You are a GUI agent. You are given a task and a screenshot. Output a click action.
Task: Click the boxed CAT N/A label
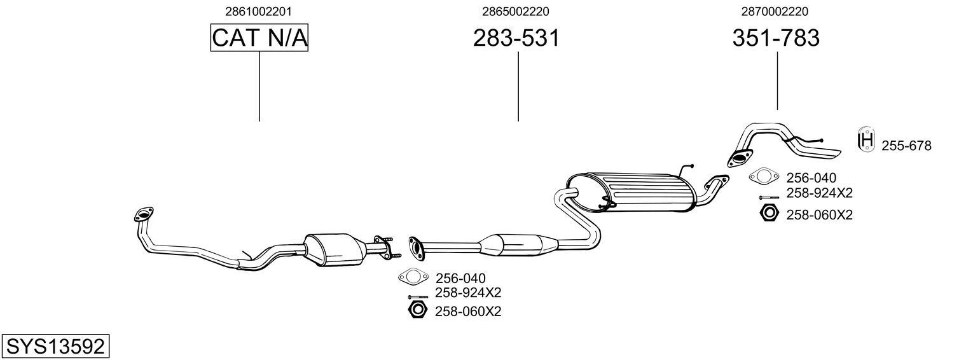pyautogui.click(x=259, y=38)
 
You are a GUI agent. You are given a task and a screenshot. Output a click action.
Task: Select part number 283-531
pyautogui.click(x=516, y=38)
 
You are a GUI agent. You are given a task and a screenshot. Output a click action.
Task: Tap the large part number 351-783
pyautogui.click(x=776, y=38)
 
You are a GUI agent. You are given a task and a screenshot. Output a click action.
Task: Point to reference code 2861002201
pyautogui.click(x=259, y=11)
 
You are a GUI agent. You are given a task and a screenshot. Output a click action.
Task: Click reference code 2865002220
pyautogui.click(x=516, y=11)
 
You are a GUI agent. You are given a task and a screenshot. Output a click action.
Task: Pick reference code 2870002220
pyautogui.click(x=775, y=11)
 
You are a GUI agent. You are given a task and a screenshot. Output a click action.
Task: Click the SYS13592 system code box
pyautogui.click(x=55, y=347)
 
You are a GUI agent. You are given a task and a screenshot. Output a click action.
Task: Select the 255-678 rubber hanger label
pyautogui.click(x=906, y=146)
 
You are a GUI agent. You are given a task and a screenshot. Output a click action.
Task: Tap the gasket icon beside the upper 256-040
pyautogui.click(x=764, y=176)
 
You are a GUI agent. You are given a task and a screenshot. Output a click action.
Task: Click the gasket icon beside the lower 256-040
pyautogui.click(x=412, y=277)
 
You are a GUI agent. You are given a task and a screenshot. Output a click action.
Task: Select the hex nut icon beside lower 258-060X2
pyautogui.click(x=417, y=310)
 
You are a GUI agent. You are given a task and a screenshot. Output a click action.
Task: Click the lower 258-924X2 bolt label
pyautogui.click(x=468, y=293)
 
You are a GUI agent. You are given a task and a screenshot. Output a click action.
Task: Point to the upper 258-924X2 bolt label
pyautogui.click(x=819, y=193)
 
